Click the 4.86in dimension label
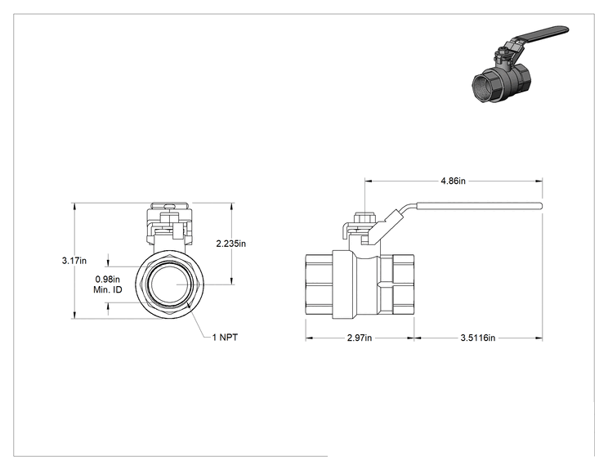(x=453, y=181)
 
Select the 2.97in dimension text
(x=360, y=338)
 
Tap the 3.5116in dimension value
(x=478, y=338)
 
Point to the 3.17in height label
(x=74, y=261)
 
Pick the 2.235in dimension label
(x=231, y=244)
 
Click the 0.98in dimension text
(x=108, y=280)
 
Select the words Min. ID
(x=108, y=289)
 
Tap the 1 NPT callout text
(x=225, y=338)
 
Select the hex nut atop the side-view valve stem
(x=364, y=217)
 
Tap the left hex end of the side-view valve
(x=319, y=286)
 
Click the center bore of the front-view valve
(x=169, y=284)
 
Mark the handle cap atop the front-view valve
(x=169, y=206)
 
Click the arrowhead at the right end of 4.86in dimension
(x=539, y=181)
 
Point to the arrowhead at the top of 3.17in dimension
(x=74, y=206)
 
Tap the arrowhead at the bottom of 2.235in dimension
(x=232, y=280)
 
